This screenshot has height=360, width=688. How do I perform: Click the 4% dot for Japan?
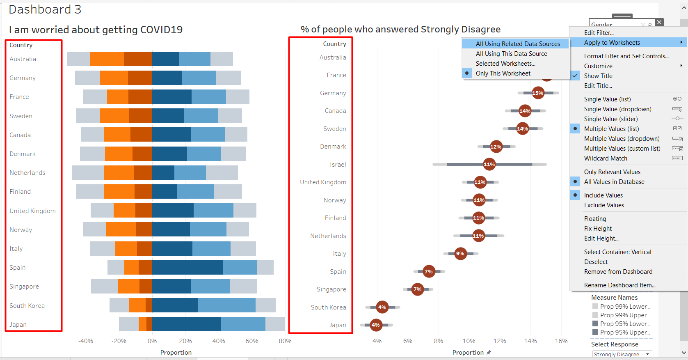(375, 325)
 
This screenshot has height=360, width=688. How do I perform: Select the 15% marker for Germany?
(537, 93)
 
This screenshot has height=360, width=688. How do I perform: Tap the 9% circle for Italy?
(460, 254)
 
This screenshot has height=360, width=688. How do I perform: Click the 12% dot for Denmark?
(496, 147)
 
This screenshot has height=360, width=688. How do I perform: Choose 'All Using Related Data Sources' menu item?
(517, 44)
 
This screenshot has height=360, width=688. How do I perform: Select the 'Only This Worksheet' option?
(503, 73)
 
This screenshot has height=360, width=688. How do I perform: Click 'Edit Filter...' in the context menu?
(599, 33)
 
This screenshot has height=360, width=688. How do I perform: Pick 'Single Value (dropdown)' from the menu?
(617, 109)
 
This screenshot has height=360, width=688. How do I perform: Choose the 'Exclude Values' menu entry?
(604, 205)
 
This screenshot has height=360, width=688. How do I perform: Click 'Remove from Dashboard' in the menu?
(618, 272)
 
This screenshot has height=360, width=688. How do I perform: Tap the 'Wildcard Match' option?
(606, 158)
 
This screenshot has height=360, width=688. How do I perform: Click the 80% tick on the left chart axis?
(285, 341)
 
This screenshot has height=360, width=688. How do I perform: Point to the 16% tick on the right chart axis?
(561, 341)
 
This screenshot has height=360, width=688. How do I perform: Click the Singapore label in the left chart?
(24, 287)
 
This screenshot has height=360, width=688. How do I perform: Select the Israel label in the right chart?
(338, 165)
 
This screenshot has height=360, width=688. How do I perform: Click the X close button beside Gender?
(659, 22)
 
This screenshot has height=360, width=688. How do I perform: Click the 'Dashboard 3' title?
(45, 9)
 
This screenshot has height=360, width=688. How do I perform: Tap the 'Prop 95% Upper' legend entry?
(625, 332)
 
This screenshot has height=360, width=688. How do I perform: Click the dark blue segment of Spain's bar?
(187, 268)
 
